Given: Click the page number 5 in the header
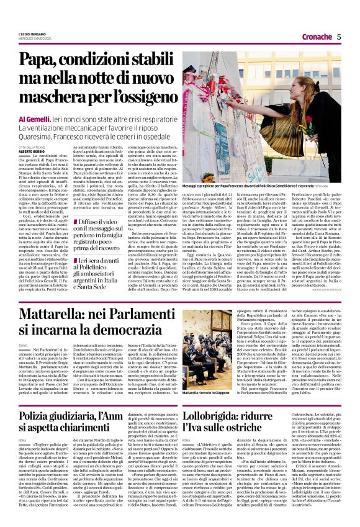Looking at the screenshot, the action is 339,37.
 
